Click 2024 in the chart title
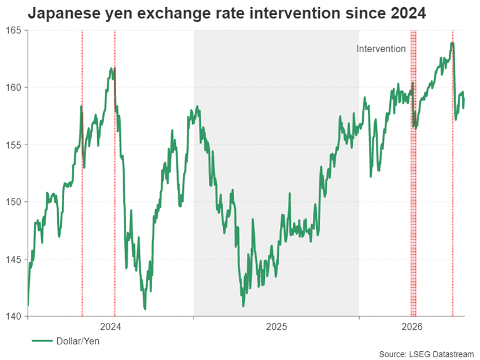point(407,13)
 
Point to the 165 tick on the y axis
point(13,30)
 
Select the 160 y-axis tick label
point(13,87)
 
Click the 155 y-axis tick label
point(13,145)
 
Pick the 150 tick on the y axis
point(13,202)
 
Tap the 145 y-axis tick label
point(13,259)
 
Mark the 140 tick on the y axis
point(13,316)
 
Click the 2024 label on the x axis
point(110,326)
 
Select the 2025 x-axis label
point(276,326)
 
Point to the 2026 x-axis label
point(412,326)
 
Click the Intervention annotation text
point(381,49)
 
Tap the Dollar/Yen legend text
point(77,341)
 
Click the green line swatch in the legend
point(42,341)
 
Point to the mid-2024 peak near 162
point(111,68)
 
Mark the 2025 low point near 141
point(243,306)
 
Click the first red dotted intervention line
point(82,173)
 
